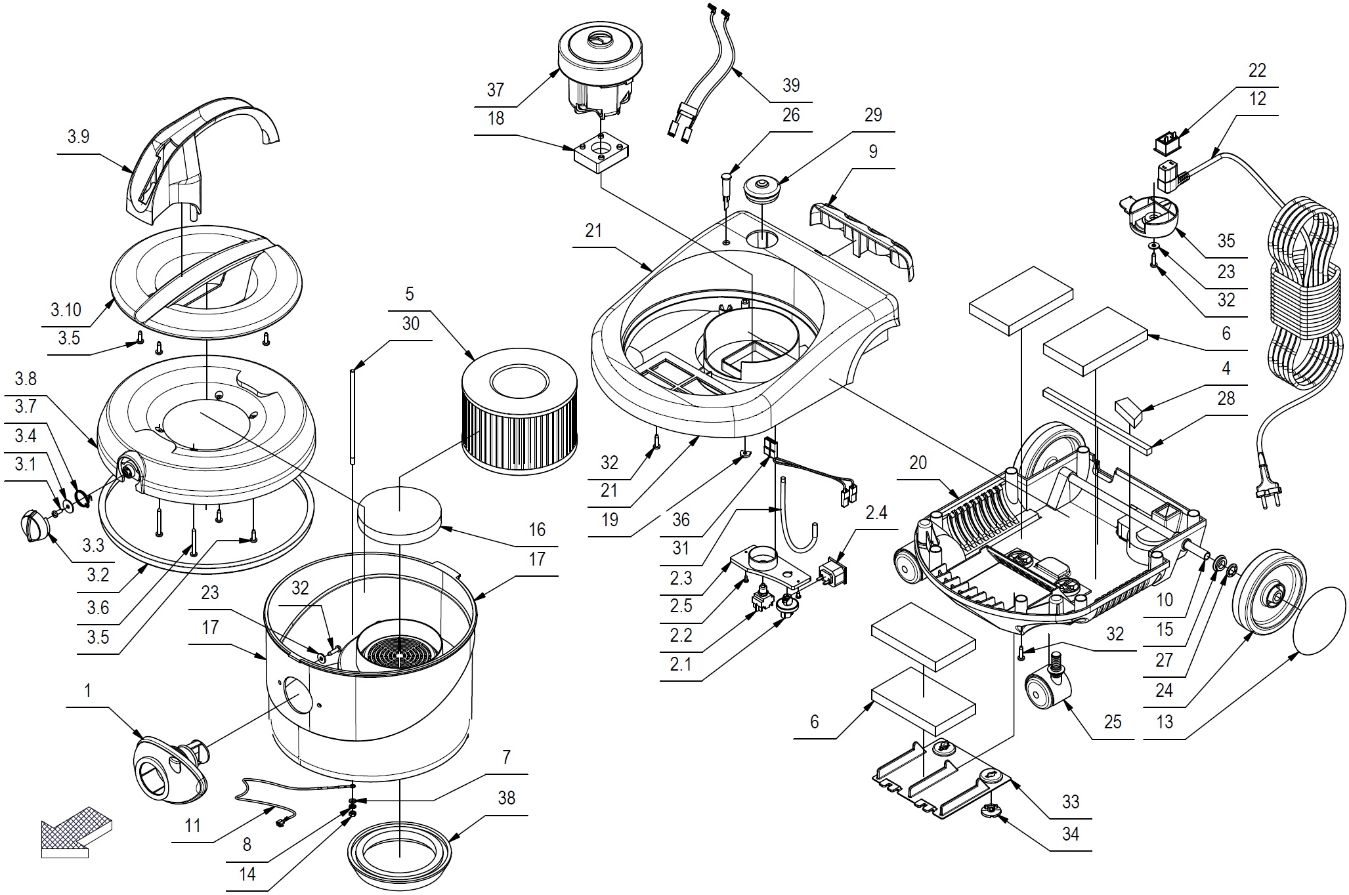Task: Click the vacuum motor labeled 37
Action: click(598, 77)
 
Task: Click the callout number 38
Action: click(506, 798)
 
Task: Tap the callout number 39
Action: click(790, 85)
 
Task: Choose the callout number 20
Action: click(918, 463)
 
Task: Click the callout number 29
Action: click(872, 115)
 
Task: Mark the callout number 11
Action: click(192, 825)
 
